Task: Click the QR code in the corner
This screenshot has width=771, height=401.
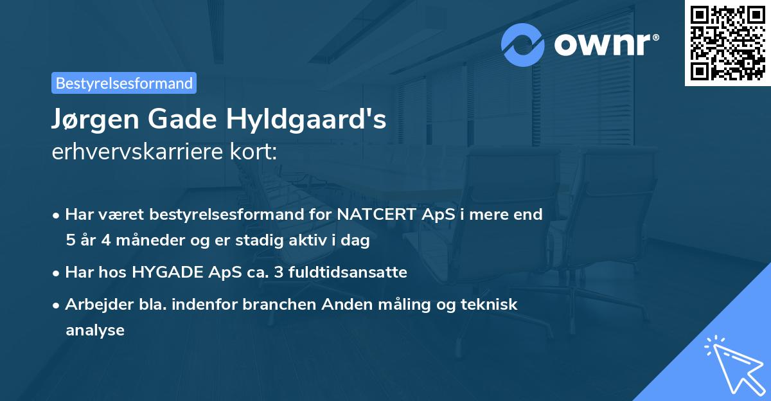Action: [728, 42]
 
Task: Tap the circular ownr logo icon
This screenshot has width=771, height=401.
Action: [523, 44]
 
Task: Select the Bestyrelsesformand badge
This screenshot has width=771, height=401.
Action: [124, 83]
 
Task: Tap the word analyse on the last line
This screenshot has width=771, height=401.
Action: [94, 330]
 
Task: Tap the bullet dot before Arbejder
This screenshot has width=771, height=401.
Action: [57, 305]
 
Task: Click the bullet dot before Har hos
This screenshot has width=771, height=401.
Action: [57, 272]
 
